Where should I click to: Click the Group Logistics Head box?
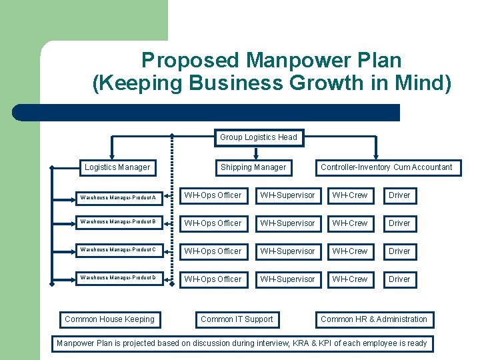(x=259, y=137)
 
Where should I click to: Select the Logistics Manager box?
(x=117, y=167)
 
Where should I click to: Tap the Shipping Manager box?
(x=253, y=167)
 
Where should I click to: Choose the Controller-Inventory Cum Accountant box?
(x=387, y=167)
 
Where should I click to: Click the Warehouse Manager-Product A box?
(x=117, y=196)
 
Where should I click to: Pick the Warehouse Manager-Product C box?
(x=117, y=251)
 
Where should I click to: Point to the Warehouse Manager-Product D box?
(x=117, y=279)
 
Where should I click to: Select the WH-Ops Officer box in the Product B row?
(x=213, y=223)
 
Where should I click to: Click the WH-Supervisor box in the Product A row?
(x=287, y=195)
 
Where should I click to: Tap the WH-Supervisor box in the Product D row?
(x=287, y=279)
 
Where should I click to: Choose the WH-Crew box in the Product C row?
(x=350, y=251)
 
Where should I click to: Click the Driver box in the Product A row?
(x=399, y=195)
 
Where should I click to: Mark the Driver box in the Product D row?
(x=399, y=279)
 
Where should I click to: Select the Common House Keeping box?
(x=109, y=319)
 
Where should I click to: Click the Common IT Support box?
(x=237, y=319)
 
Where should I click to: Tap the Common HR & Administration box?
(x=374, y=319)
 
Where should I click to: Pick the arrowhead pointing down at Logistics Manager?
(x=111, y=154)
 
